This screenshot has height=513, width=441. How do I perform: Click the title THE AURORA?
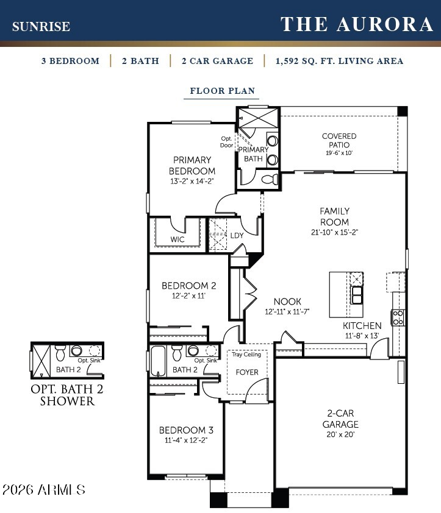(356, 24)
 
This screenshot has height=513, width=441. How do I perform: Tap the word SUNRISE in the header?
(41, 26)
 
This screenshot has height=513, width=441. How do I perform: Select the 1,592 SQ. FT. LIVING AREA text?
(339, 61)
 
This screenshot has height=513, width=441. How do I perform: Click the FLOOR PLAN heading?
(223, 91)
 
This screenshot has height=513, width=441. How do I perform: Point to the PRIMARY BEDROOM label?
(192, 165)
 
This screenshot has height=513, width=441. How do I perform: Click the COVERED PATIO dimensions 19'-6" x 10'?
(339, 153)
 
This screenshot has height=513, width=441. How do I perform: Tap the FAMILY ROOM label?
(334, 216)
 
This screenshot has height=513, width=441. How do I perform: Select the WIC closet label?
(177, 239)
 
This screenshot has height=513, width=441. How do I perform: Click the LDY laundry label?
(237, 236)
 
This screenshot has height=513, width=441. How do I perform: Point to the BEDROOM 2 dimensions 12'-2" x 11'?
(188, 295)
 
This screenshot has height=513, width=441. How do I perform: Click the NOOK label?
(287, 302)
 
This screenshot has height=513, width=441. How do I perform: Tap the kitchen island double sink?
(356, 295)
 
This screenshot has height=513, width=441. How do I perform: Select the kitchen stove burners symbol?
(398, 317)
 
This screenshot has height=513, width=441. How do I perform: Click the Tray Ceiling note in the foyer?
(246, 355)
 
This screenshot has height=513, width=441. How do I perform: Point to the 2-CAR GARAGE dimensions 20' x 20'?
(340, 434)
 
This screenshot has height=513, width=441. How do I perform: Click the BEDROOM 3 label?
(186, 430)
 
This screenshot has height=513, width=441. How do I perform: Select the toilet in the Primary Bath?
(271, 179)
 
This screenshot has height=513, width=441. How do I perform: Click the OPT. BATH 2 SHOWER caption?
(67, 395)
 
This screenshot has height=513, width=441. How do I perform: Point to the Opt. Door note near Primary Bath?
(227, 142)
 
